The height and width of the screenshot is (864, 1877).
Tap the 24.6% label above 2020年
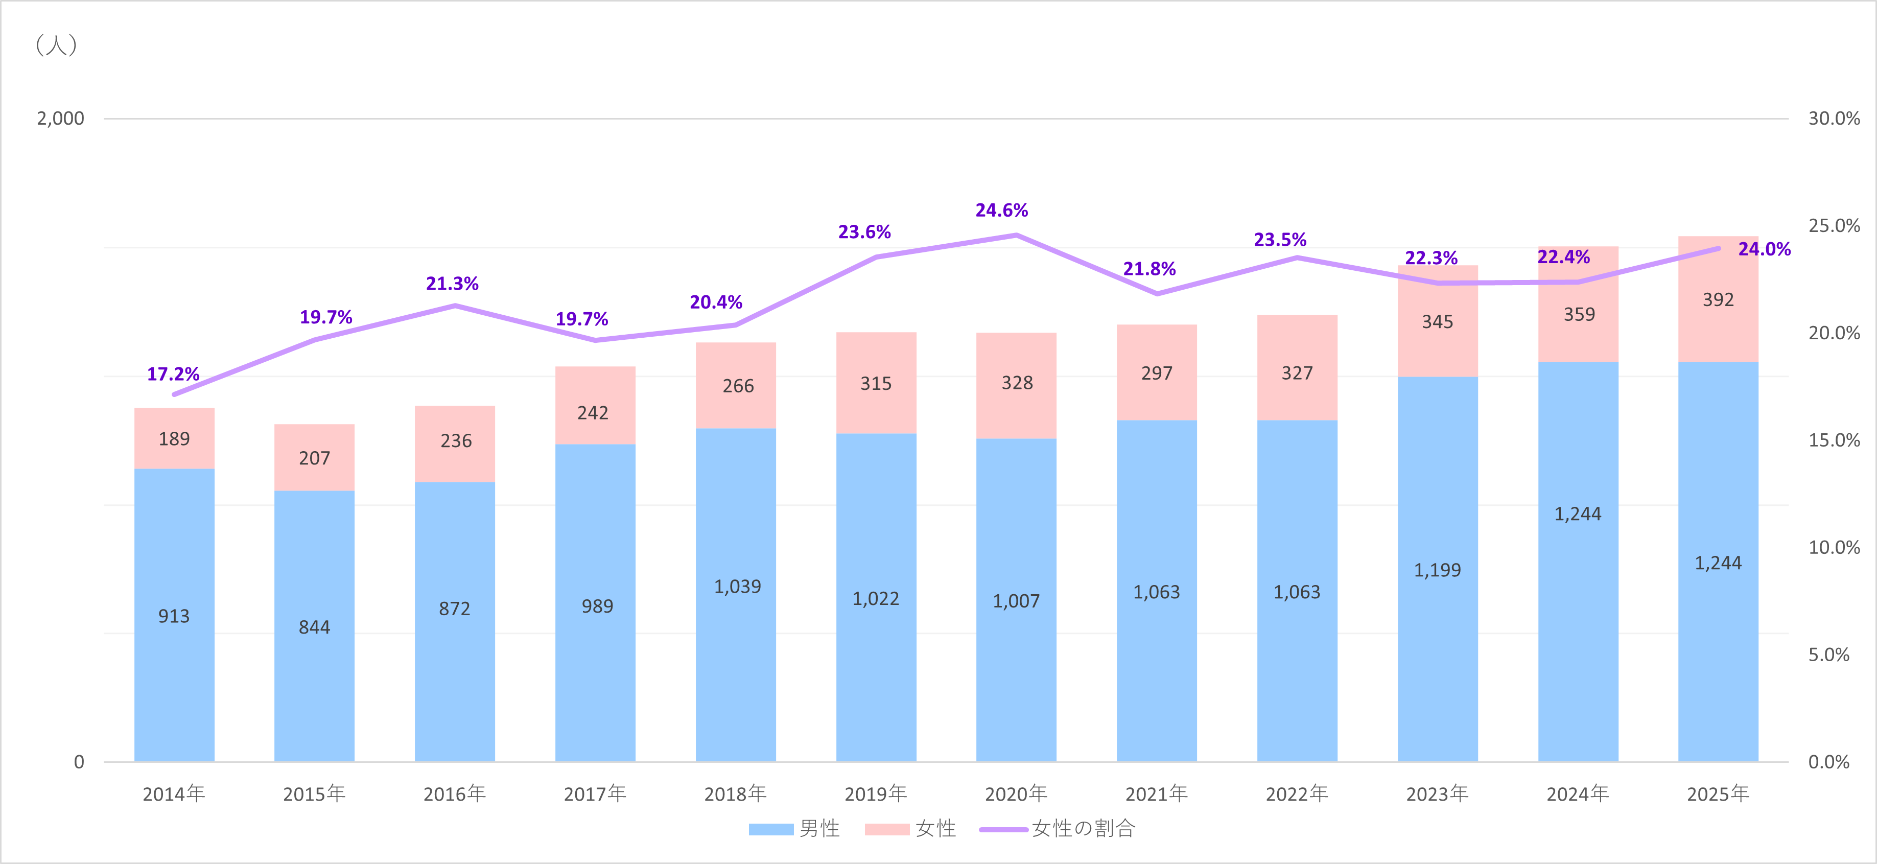coord(1001,211)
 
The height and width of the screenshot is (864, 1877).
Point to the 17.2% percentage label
coord(173,375)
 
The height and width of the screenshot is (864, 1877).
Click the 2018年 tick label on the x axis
coord(735,793)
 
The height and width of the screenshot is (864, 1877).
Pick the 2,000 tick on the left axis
coord(60,118)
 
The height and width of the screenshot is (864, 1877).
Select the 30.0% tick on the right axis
coord(1833,118)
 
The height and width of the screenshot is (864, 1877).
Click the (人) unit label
coord(56,45)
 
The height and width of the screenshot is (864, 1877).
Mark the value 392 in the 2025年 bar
coord(1718,299)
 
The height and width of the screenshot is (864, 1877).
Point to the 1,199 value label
coord(1437,570)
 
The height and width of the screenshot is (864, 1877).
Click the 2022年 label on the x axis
coord(1296,793)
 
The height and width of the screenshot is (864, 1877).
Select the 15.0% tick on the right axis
coord(1833,440)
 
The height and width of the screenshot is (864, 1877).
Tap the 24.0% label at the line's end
coord(1764,249)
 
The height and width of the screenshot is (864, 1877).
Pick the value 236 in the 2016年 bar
coord(455,441)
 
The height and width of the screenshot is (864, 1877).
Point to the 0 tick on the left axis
coord(79,762)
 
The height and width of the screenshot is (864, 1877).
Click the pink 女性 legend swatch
coord(887,829)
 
